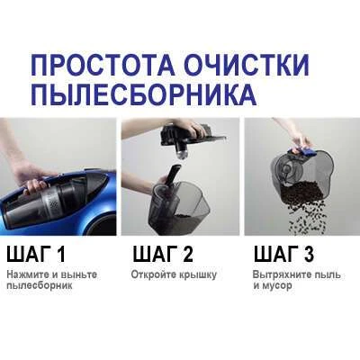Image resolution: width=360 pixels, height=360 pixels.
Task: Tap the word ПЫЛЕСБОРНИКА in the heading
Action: pyautogui.click(x=144, y=95)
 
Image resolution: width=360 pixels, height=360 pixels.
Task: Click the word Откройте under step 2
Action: pyautogui.click(x=152, y=274)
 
